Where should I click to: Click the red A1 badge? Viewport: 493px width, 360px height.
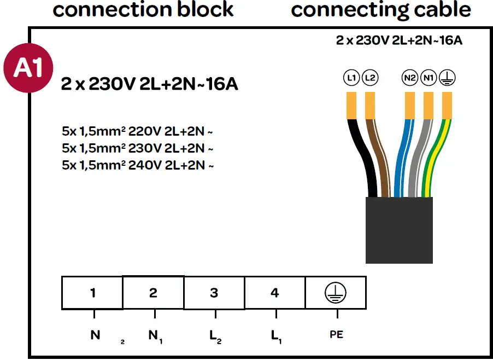click(28, 68)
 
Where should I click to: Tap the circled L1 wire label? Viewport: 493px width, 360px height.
click(351, 78)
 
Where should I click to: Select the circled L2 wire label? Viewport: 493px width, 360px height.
click(370, 78)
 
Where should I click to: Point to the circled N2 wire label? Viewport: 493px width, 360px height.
click(410, 78)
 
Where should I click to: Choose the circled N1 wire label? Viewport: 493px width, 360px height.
click(429, 78)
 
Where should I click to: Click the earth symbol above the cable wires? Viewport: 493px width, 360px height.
click(447, 78)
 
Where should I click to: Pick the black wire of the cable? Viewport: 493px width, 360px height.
click(365, 158)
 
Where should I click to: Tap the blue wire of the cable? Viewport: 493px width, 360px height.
click(403, 158)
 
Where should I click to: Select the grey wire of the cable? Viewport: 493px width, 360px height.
click(419, 158)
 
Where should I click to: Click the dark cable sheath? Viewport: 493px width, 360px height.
click(399, 230)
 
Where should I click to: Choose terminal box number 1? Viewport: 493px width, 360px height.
click(92, 293)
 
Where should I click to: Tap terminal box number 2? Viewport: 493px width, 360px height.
click(153, 293)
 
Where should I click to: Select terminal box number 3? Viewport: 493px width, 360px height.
click(214, 293)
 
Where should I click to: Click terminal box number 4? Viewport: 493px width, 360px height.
click(275, 293)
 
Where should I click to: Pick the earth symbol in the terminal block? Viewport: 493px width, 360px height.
click(336, 293)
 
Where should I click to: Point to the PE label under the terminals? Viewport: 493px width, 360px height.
click(337, 334)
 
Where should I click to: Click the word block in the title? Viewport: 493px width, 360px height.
click(206, 9)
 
